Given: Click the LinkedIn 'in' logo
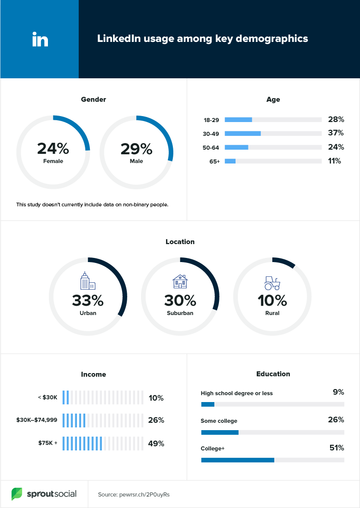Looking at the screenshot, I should coord(40,39).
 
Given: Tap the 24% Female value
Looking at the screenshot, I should coord(53,149).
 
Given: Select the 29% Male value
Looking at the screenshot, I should coord(136,149).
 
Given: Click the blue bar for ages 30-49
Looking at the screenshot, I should coord(243,133).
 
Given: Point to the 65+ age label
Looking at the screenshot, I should coord(214,162).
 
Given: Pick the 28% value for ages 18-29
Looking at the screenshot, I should coord(336,119).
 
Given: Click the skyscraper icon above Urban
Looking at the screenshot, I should coord(88,280).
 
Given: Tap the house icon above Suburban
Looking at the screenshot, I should coord(180,281).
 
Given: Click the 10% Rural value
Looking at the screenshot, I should coord(272,301).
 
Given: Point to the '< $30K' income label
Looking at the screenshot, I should coord(47,397).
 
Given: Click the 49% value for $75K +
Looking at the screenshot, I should coord(156,444).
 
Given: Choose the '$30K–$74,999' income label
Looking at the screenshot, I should coord(37,420).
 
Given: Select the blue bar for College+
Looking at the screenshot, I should coord(238,460).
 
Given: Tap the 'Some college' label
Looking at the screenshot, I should coord(219,421).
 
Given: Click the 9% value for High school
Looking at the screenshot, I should coord(338,392).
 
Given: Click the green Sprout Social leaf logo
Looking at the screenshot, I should coord(17,494).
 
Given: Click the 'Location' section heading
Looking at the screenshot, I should coord(180,242).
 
